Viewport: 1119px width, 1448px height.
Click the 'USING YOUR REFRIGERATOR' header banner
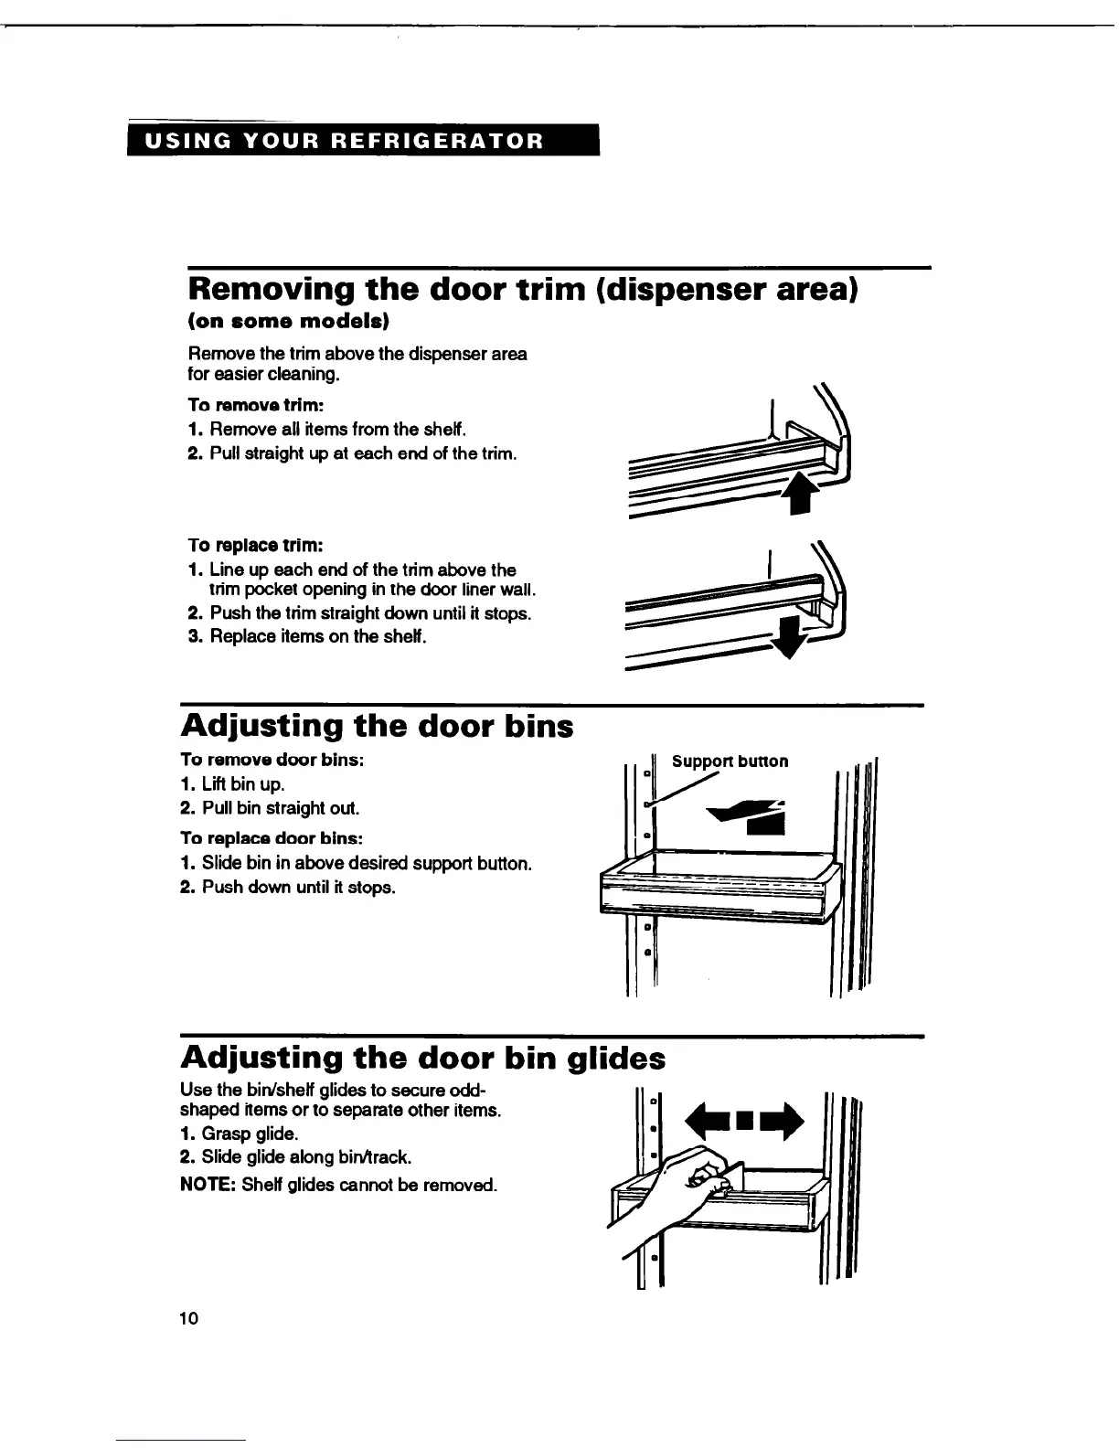363,141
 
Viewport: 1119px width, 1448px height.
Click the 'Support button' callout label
730,761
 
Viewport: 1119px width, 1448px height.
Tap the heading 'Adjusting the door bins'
378,726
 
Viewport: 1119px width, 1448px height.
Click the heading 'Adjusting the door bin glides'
423,1058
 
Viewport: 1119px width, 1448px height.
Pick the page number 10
189,1318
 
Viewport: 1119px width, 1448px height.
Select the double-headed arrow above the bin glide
747,1121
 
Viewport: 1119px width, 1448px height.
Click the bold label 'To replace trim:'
255,546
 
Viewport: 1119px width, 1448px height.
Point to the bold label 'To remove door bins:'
273,760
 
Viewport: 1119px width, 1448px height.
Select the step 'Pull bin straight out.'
281,808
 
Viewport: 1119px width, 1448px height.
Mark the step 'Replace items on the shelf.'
306,636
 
